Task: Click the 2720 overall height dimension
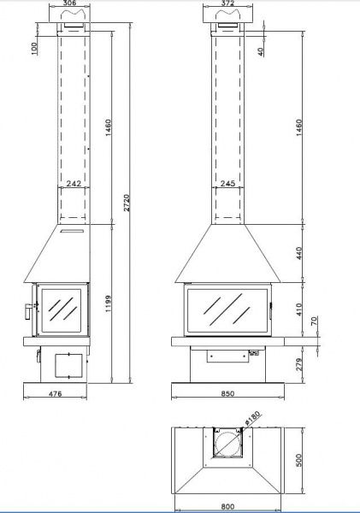tap(127, 203)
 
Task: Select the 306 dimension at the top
tap(69, 3)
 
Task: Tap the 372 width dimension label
tap(227, 3)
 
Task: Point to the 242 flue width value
tap(74, 183)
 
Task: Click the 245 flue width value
tap(227, 183)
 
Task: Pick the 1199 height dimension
tap(109, 304)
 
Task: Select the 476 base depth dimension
tap(55, 393)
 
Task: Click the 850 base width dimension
tap(227, 393)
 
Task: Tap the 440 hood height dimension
tap(299, 253)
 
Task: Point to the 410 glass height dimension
tap(299, 310)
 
